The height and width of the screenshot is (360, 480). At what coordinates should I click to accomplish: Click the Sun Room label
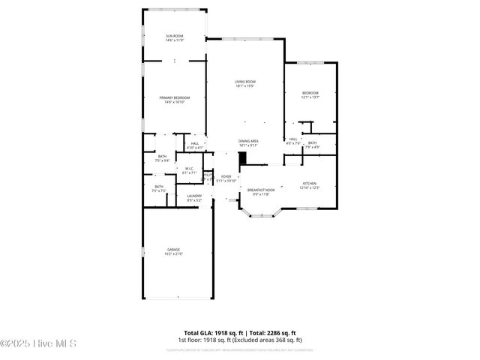174,36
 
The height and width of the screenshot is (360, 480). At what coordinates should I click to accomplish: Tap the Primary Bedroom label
174,97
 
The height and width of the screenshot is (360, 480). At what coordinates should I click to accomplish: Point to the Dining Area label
248,141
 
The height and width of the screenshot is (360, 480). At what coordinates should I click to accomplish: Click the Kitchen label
310,183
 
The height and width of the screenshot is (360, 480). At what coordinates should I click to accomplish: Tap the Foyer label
226,176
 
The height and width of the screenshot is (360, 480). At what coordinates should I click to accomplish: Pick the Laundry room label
194,196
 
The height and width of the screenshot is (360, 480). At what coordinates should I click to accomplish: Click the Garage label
173,250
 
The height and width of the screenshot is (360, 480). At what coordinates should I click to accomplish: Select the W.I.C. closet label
190,169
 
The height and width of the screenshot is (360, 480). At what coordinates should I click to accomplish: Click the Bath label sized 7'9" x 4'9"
312,142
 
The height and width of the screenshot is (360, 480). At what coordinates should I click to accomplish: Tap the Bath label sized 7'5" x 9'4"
162,156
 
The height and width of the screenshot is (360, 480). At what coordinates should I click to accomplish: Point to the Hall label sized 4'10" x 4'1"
195,143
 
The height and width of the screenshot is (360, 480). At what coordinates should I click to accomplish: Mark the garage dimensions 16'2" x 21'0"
173,254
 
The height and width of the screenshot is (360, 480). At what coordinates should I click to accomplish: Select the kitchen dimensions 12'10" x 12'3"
310,187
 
